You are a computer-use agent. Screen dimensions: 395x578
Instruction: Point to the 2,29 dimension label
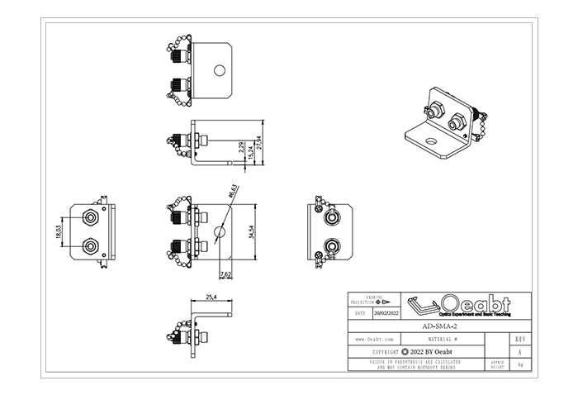pos(240,150)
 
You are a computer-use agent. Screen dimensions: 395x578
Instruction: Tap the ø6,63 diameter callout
pos(234,192)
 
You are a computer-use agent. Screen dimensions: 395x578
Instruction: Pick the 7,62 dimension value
pos(225,274)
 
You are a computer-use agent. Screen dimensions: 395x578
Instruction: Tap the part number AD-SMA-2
pos(438,326)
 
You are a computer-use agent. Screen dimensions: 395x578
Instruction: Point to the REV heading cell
pos(519,339)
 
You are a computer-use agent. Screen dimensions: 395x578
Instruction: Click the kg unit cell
pos(519,364)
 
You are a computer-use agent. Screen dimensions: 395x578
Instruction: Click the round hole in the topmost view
pos(220,71)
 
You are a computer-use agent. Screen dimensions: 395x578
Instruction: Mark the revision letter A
pos(519,350)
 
